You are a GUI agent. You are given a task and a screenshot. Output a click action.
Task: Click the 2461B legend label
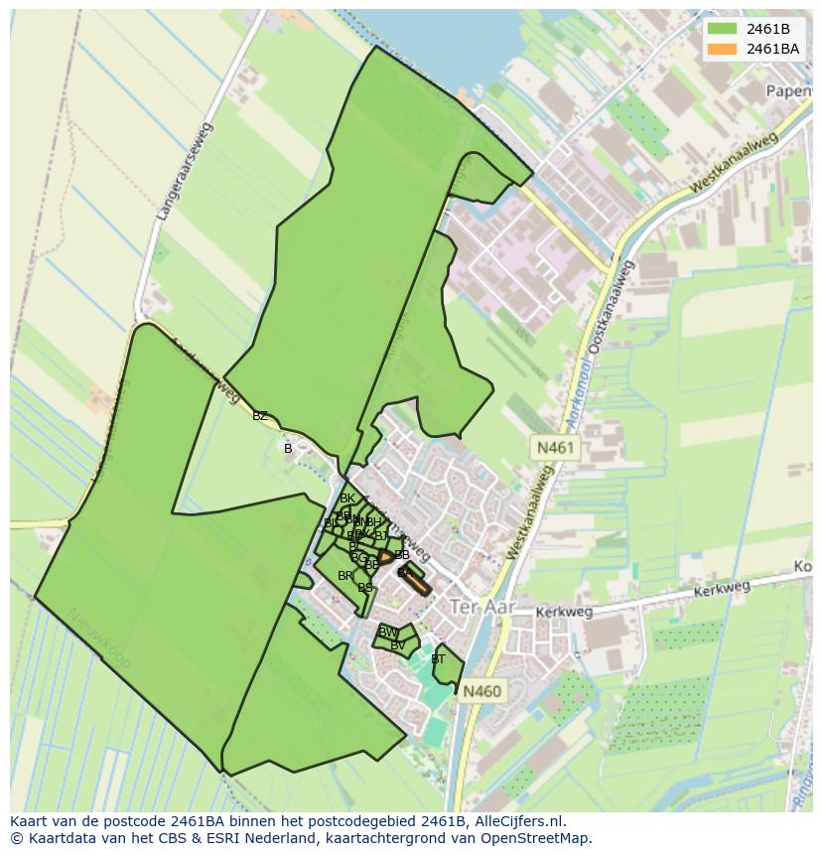767,29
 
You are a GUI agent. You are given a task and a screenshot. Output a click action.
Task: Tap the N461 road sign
555,448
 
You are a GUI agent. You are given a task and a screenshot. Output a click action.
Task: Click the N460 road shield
481,691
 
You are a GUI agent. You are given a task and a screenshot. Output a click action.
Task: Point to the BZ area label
260,416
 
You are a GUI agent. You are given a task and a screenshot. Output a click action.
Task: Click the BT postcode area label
438,658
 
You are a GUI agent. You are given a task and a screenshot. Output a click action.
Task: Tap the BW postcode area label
388,632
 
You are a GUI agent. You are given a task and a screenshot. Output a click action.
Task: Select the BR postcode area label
344,576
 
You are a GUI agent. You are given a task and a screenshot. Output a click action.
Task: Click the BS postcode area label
365,588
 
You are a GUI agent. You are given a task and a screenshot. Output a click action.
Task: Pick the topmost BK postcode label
347,499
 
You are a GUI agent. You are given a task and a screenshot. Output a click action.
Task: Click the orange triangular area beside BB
385,558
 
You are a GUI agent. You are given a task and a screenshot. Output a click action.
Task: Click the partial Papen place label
789,90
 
